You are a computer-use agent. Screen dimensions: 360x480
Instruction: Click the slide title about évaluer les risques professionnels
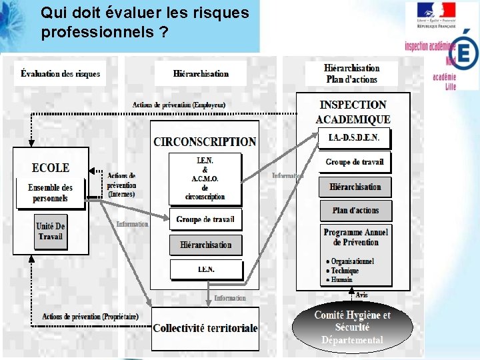[x=145, y=22]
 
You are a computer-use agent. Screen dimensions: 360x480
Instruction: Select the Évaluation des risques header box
[x=60, y=73]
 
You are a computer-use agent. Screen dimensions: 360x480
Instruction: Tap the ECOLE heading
[x=51, y=168]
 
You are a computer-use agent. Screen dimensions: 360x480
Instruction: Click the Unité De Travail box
[x=51, y=231]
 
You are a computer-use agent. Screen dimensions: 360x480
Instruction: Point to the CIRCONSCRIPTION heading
[x=205, y=141]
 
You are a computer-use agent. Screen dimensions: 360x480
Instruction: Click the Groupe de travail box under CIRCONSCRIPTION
[x=205, y=219]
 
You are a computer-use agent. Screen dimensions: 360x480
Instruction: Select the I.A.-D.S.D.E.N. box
[x=354, y=138]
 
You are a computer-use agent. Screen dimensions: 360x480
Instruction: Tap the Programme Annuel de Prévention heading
[x=356, y=237]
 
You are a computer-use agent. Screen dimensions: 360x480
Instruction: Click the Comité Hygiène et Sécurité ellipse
[x=353, y=327]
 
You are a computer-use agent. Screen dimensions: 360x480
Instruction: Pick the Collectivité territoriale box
[x=205, y=328]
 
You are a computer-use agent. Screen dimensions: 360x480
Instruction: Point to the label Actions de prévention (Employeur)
[x=179, y=105]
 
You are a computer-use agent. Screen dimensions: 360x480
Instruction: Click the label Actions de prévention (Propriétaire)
[x=90, y=317]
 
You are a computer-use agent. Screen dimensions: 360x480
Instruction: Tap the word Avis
[x=361, y=295]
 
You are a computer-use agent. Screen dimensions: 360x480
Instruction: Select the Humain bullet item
[x=341, y=280]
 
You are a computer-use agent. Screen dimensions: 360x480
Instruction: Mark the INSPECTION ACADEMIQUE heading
[x=353, y=112]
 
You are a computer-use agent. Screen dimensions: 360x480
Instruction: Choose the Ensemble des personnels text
[x=51, y=193]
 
